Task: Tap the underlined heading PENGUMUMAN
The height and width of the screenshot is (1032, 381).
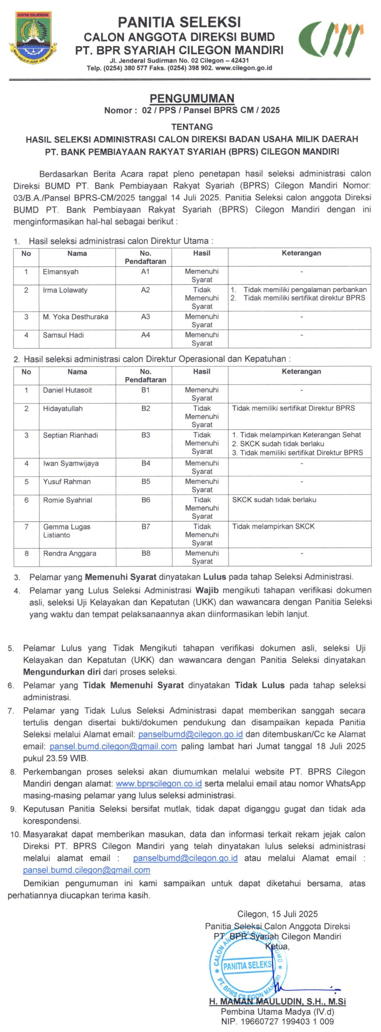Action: point(192,98)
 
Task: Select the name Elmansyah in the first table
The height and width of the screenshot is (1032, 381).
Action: point(60,272)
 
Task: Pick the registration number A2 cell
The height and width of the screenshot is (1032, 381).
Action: point(145,290)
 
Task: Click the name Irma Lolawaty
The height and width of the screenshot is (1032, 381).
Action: point(65,290)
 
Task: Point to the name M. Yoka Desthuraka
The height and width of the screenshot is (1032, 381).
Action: point(75,317)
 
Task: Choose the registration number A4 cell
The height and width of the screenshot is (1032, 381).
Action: point(145,335)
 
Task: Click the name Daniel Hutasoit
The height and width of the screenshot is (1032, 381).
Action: point(67,390)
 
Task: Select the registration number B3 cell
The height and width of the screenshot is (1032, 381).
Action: point(146,435)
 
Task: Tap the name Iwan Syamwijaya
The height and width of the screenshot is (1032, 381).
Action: point(71,464)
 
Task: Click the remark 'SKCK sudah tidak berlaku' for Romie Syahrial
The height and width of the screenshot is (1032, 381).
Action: point(274,500)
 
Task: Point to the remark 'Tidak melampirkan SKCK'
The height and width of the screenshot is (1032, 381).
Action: point(273,526)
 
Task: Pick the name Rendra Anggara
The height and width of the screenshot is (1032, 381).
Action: point(70,553)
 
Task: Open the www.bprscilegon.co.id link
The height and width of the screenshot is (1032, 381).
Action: point(158,784)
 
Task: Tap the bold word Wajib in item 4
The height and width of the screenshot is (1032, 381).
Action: point(207,591)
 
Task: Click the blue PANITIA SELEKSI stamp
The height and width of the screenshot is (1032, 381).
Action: point(248,965)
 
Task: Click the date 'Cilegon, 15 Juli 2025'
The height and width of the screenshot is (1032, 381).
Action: point(277,914)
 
